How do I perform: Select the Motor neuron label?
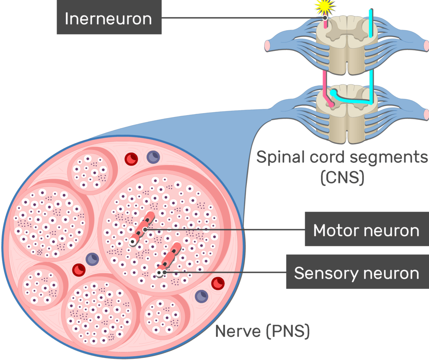(x=366, y=230)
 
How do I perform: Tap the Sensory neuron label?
(x=357, y=273)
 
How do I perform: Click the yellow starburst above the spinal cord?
(x=325, y=6)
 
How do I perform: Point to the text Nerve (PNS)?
(x=262, y=332)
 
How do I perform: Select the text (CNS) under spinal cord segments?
(x=342, y=178)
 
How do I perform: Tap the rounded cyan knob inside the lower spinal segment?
(x=333, y=93)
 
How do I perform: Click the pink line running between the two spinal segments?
(x=324, y=80)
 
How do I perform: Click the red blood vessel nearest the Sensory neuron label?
(x=217, y=283)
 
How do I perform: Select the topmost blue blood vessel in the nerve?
(x=152, y=157)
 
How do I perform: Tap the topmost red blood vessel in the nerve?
(x=132, y=158)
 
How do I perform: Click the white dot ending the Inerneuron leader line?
(x=325, y=18)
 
